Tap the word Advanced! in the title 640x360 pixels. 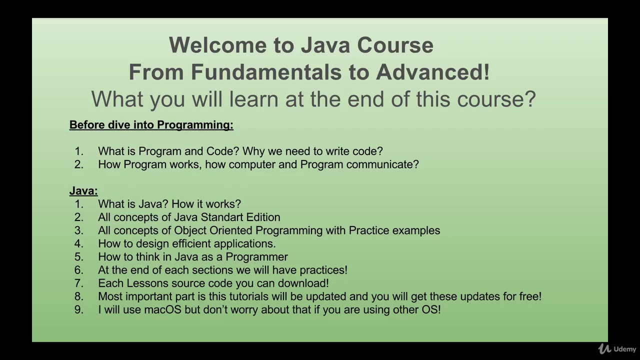pyautogui.click(x=432, y=72)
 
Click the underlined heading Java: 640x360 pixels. pyautogui.click(x=83, y=190)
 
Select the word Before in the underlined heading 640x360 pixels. pyautogui.click(x=87, y=125)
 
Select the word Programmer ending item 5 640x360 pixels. pyautogui.click(x=256, y=257)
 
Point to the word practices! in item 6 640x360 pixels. pyautogui.click(x=323, y=270)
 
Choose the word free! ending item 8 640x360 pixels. pyautogui.click(x=529, y=296)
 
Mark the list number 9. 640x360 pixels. pyautogui.click(x=78, y=309)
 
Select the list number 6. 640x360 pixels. pyautogui.click(x=78, y=270)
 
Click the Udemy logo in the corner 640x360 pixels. pyautogui.click(x=617, y=349)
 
